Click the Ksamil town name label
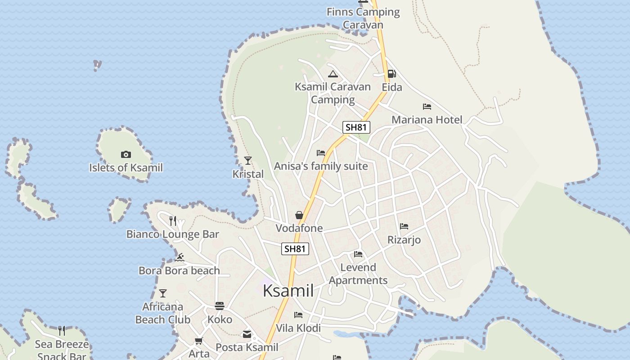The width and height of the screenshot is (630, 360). [x=288, y=291]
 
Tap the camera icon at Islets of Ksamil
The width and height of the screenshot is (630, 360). [x=126, y=155]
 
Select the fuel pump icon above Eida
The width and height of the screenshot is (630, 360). [x=392, y=74]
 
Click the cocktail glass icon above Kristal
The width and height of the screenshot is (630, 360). [x=248, y=160]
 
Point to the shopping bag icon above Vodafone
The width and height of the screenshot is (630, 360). [x=299, y=215]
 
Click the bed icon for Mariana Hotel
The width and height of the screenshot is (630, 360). [x=427, y=107]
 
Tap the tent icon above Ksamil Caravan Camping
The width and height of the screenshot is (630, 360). [x=333, y=74]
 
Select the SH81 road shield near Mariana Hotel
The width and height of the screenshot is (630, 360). [x=356, y=127]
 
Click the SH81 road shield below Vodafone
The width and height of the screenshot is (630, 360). [x=295, y=248]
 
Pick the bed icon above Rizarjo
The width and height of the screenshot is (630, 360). [x=404, y=226]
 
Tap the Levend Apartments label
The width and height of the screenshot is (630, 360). [x=358, y=274]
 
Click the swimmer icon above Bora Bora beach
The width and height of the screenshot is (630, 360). [x=180, y=257]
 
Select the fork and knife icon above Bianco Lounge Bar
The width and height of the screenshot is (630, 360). [x=173, y=220]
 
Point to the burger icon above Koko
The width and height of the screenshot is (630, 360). [x=220, y=306]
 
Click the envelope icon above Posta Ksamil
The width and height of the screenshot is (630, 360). [x=247, y=334]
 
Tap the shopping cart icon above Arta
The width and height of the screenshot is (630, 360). [x=199, y=341]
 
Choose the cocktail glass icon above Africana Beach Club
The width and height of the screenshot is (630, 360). [x=163, y=293]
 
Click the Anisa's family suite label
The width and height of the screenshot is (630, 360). [x=321, y=166]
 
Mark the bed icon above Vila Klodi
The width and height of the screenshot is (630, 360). [x=298, y=315]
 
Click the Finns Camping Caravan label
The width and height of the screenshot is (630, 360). [x=363, y=18]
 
